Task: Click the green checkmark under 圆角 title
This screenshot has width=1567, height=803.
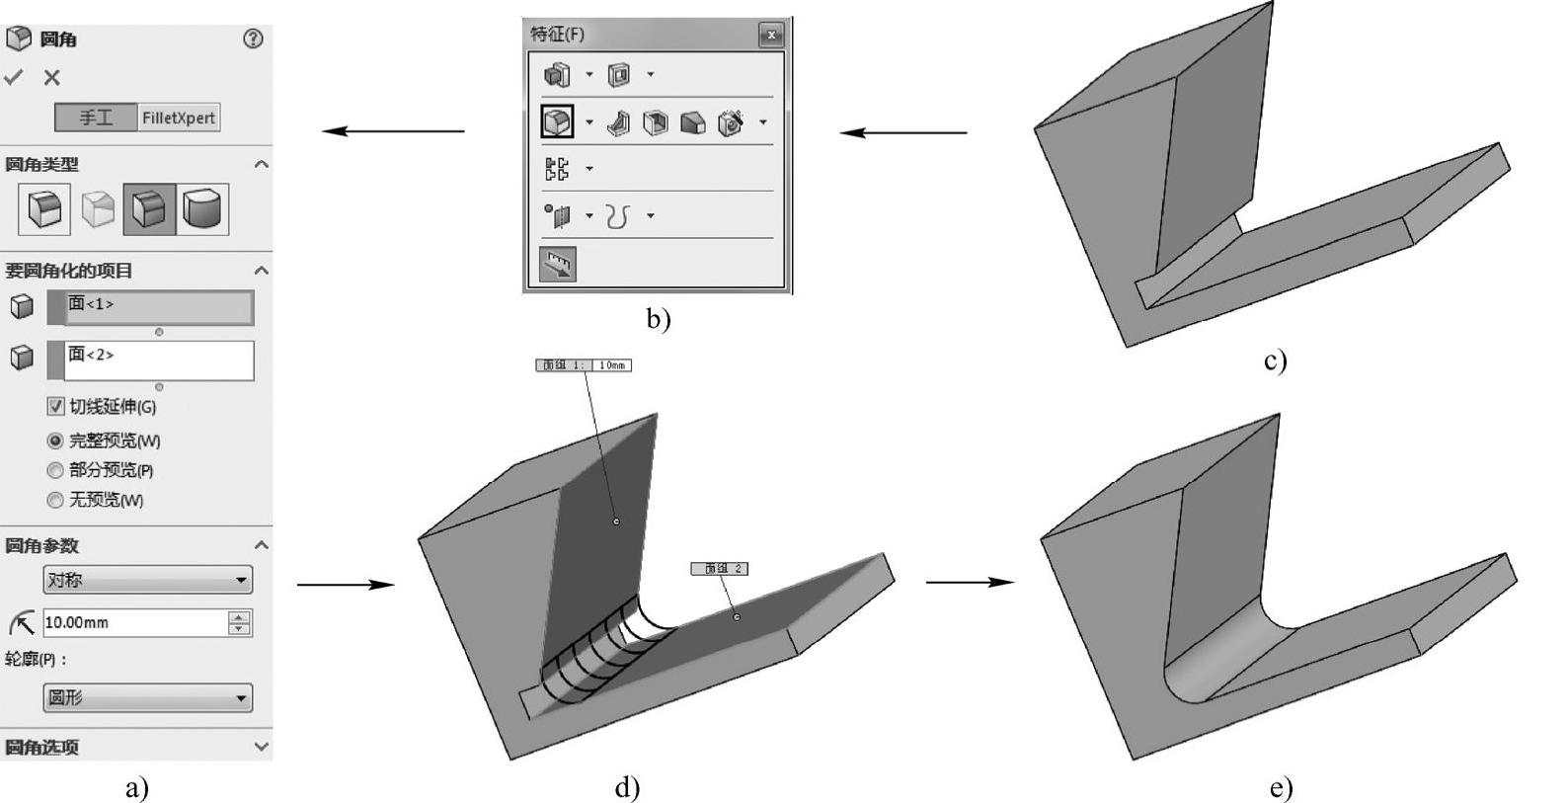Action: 14,77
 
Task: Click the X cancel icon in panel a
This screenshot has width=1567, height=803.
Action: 52,77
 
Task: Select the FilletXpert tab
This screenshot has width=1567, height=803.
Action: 178,118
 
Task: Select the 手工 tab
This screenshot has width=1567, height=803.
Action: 96,118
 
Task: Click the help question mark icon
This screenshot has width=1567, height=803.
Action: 253,39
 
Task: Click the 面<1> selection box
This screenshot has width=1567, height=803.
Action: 158,306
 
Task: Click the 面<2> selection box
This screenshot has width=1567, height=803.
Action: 158,361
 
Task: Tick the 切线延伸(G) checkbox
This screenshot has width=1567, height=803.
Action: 56,406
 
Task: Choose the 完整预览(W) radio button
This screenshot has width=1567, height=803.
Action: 55,441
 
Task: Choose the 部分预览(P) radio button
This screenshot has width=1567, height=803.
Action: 55,470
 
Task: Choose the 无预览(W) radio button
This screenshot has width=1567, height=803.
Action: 55,500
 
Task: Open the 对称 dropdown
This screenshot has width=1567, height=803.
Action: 147,580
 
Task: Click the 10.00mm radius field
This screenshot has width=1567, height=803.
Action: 134,622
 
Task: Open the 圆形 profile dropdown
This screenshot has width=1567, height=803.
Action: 147,697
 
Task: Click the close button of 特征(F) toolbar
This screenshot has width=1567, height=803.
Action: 771,35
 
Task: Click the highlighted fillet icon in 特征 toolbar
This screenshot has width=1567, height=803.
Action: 558,121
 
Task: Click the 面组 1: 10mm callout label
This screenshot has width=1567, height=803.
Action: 584,365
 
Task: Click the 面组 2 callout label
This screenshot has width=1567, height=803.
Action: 719,569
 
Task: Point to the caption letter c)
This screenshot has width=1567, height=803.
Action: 1275,361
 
